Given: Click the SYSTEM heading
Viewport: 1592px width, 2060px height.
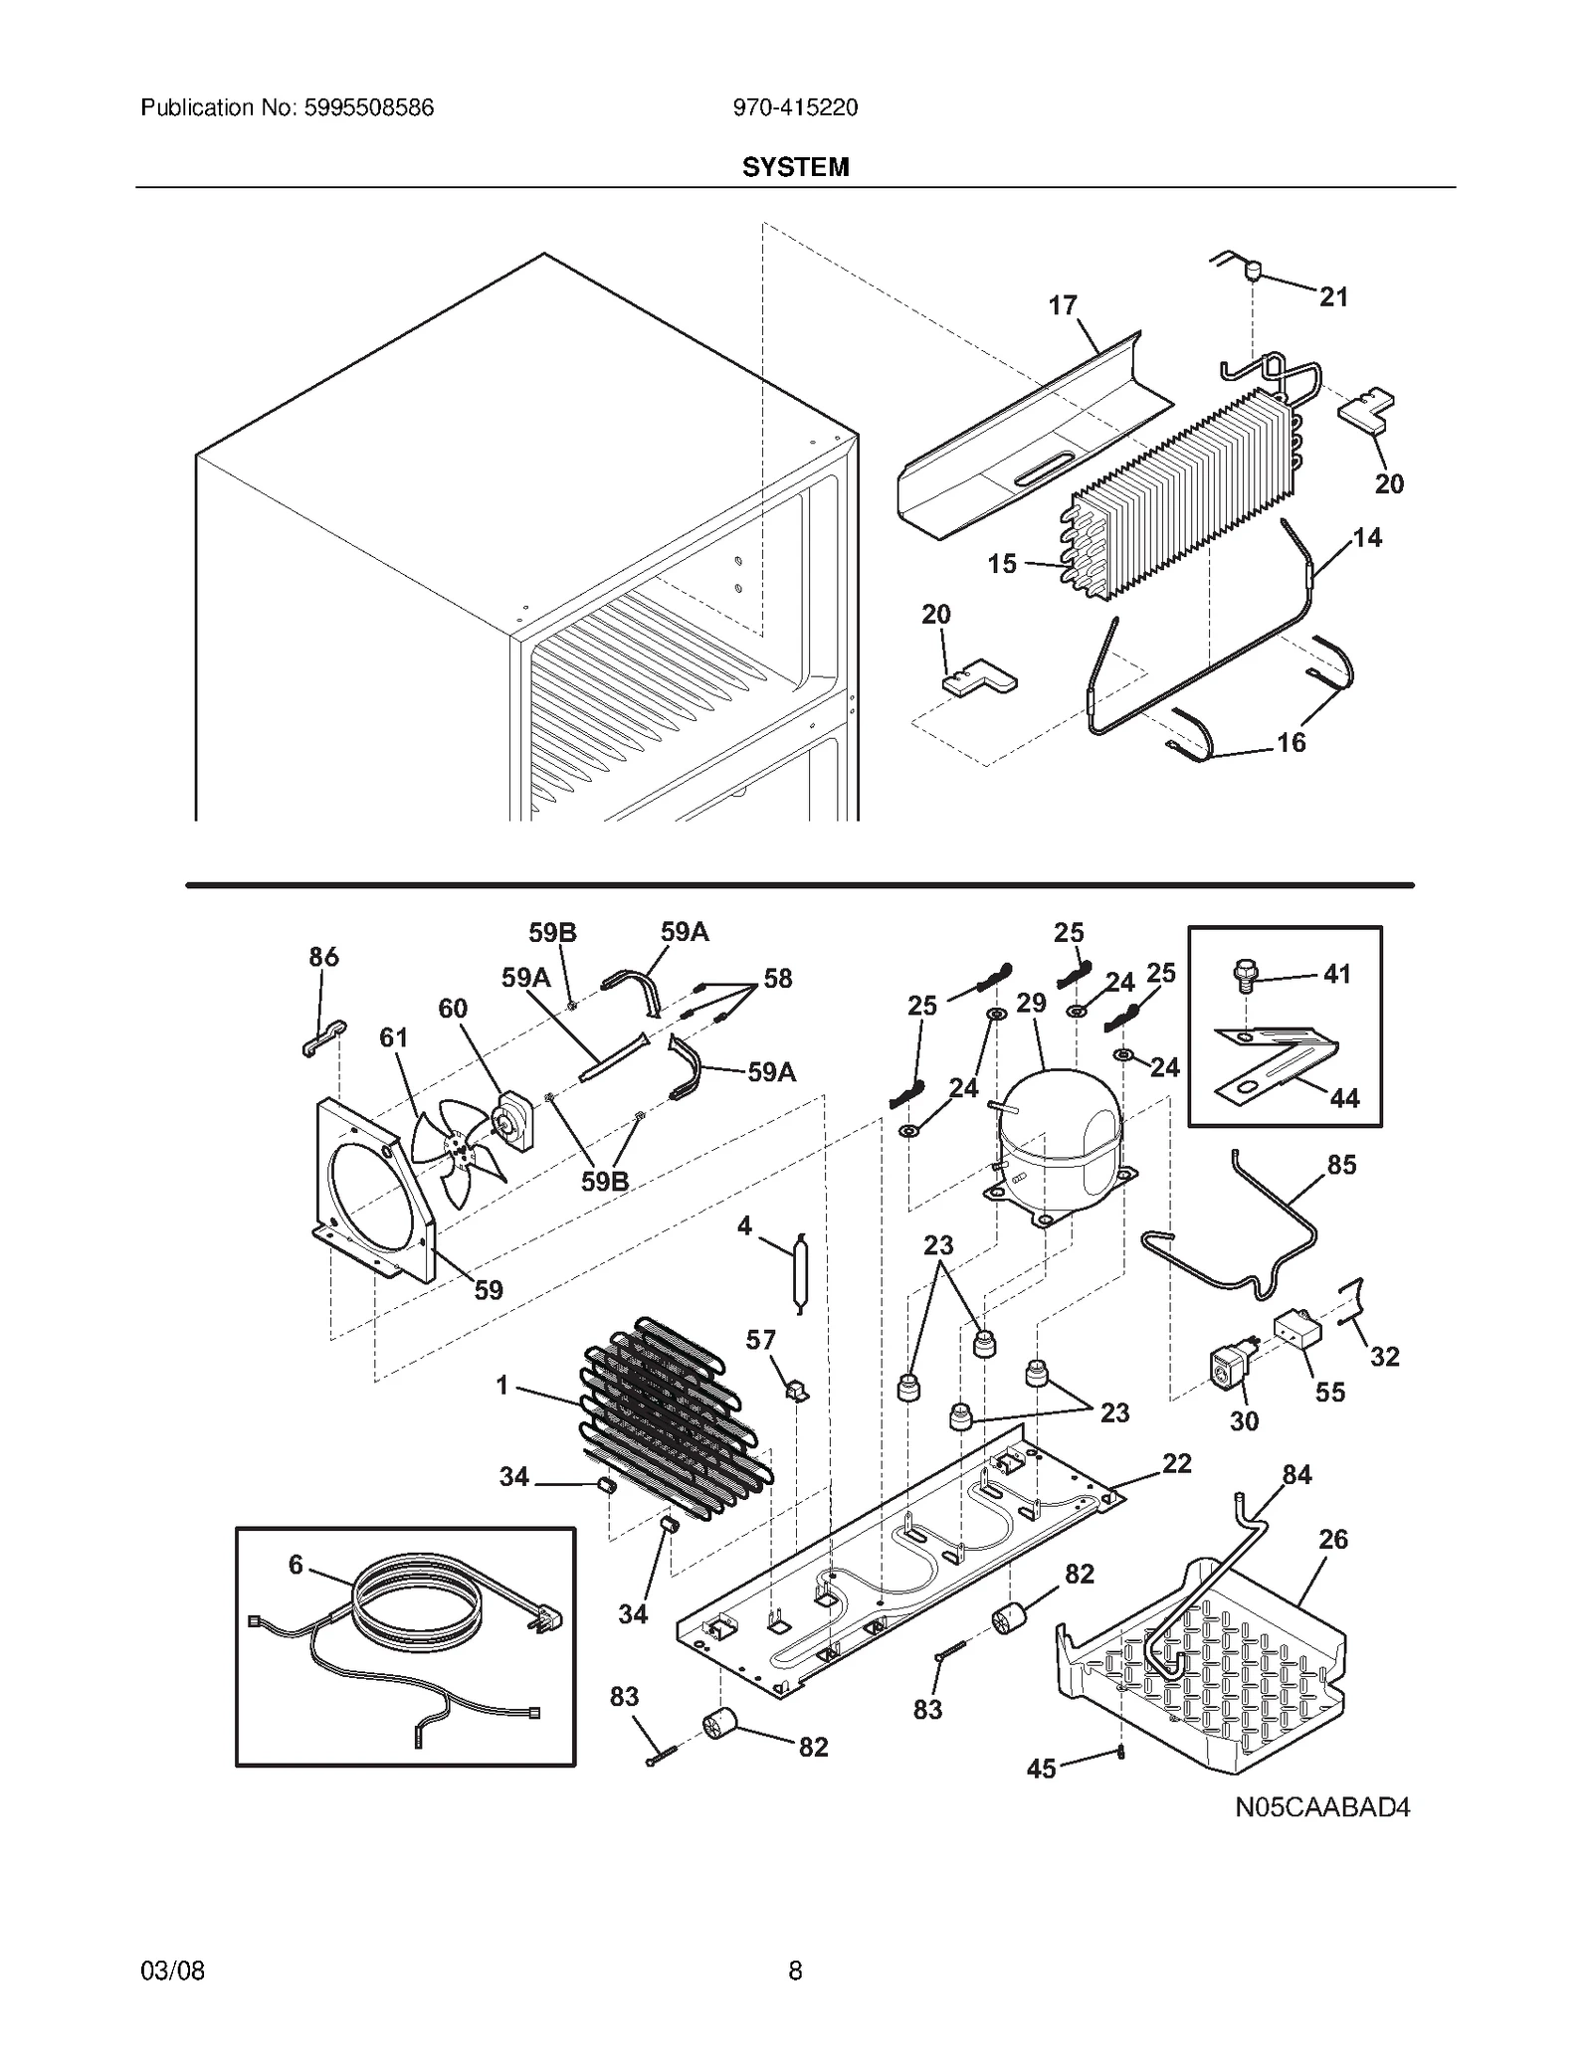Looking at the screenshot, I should click(795, 167).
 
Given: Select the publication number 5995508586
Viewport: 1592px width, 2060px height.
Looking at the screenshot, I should click(367, 107).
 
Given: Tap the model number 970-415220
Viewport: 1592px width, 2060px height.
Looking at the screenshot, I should click(795, 107).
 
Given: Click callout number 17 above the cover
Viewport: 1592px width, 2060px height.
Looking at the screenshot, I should click(1063, 305).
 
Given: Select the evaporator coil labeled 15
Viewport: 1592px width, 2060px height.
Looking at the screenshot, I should click(1184, 497).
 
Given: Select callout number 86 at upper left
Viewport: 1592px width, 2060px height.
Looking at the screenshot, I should click(323, 957).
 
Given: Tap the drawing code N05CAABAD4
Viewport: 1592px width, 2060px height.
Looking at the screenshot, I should click(1322, 1834).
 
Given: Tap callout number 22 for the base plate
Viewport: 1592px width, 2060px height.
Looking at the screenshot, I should click(1177, 1463).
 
